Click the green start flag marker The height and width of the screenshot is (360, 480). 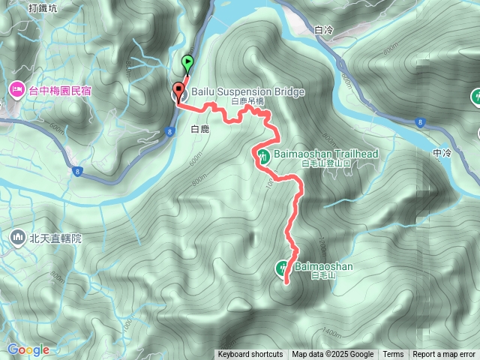click(187, 63)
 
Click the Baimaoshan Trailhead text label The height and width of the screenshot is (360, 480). click(327, 154)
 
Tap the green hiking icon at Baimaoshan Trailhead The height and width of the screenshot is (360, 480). click(264, 156)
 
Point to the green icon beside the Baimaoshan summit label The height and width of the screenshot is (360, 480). click(283, 265)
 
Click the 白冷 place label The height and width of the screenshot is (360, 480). click(323, 31)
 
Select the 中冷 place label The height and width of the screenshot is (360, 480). click(442, 153)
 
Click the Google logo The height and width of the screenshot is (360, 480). click(28, 349)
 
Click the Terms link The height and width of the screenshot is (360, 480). click(393, 355)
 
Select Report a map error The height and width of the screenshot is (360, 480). click(444, 355)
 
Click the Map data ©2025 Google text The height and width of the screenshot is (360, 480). click(333, 355)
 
